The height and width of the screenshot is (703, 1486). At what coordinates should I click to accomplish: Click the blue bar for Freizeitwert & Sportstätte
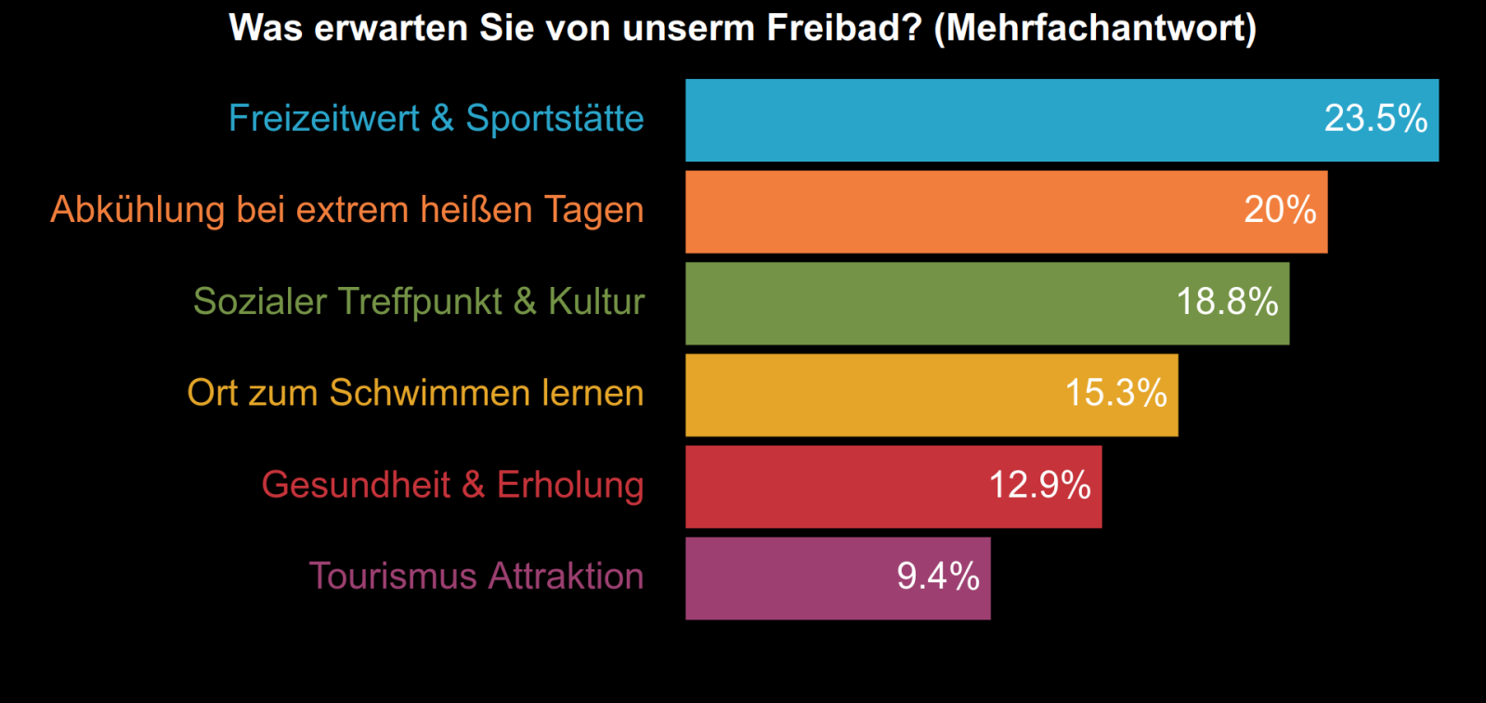[1003, 120]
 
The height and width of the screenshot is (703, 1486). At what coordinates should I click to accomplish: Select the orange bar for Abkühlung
[957, 212]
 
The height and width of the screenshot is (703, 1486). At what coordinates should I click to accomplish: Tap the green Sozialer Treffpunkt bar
[929, 303]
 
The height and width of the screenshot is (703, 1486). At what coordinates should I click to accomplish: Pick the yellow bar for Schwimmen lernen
[873, 395]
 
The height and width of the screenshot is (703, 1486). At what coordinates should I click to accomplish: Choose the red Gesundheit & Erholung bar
[836, 487]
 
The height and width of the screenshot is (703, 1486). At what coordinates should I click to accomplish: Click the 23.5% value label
[1375, 119]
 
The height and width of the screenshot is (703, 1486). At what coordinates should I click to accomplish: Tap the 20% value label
[1280, 210]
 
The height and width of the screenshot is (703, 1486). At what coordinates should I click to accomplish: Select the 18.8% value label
[1227, 302]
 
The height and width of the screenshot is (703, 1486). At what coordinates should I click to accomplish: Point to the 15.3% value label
[1115, 393]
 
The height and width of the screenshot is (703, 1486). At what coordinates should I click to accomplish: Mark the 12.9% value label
[1039, 485]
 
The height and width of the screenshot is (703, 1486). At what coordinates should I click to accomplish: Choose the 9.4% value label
[938, 577]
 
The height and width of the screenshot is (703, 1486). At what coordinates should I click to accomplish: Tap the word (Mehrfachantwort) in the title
[1095, 29]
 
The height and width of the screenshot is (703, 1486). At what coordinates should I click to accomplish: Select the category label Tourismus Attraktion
[476, 577]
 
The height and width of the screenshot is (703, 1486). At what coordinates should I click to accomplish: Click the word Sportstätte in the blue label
[554, 119]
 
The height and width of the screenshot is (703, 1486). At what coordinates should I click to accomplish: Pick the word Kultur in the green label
[595, 302]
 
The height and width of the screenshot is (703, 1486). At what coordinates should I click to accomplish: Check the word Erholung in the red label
[569, 485]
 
